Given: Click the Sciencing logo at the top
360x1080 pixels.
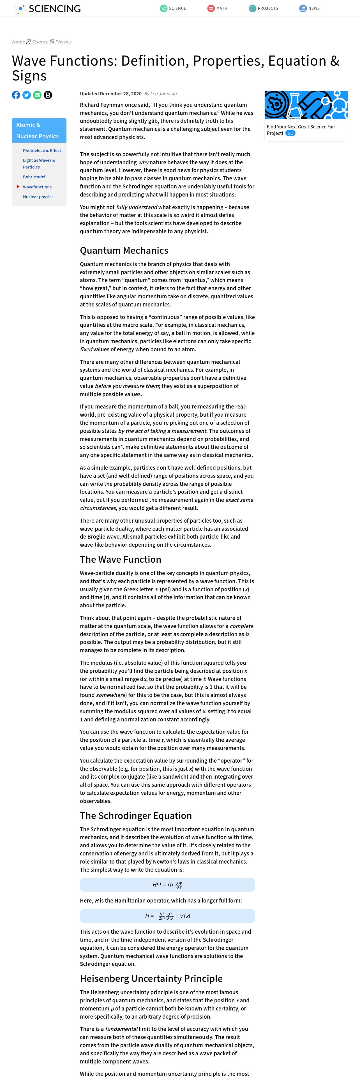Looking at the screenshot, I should click(x=47, y=8).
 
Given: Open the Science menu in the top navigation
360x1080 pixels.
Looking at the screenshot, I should click(x=173, y=8).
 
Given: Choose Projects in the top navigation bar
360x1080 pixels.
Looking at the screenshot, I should click(x=263, y=8).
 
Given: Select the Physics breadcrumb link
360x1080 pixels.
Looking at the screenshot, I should click(x=63, y=42).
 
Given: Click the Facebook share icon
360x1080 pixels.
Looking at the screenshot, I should click(x=16, y=95).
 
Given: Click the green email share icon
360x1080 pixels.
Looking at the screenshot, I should click(x=37, y=95).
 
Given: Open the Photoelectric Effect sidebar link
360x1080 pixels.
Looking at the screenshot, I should click(x=42, y=151).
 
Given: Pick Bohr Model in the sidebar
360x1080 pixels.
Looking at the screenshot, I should click(x=34, y=177).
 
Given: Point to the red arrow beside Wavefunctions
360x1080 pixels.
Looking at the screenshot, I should click(x=18, y=186).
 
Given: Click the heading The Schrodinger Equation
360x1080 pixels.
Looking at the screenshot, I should click(x=136, y=815).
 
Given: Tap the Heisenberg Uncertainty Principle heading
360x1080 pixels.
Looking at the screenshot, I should click(x=151, y=979).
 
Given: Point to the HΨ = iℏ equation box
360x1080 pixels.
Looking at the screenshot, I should click(x=167, y=885).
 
